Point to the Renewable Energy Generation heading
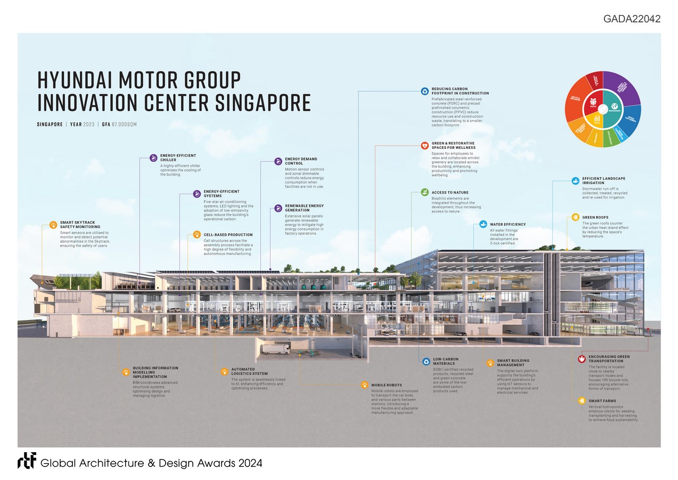pyautogui.click(x=304, y=208)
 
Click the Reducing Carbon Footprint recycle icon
pyautogui.click(x=424, y=91)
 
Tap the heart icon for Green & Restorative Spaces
pyautogui.click(x=424, y=145)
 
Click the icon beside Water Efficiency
pyautogui.click(x=483, y=224)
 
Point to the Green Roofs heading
pyautogui.click(x=595, y=217)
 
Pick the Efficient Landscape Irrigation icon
pyautogui.click(x=575, y=181)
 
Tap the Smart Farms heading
pyautogui.click(x=603, y=401)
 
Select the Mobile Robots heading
pyautogui.click(x=386, y=385)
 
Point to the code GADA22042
pyautogui.click(x=632, y=19)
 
